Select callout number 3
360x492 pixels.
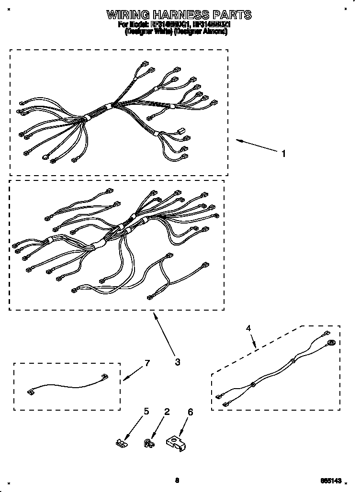178,362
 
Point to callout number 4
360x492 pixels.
248,328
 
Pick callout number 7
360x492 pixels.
147,363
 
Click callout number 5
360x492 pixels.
146,411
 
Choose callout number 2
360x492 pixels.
167,411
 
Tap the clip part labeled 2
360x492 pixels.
148,444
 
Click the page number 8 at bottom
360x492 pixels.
177,480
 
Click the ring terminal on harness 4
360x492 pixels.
331,343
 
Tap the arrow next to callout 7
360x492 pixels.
131,374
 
